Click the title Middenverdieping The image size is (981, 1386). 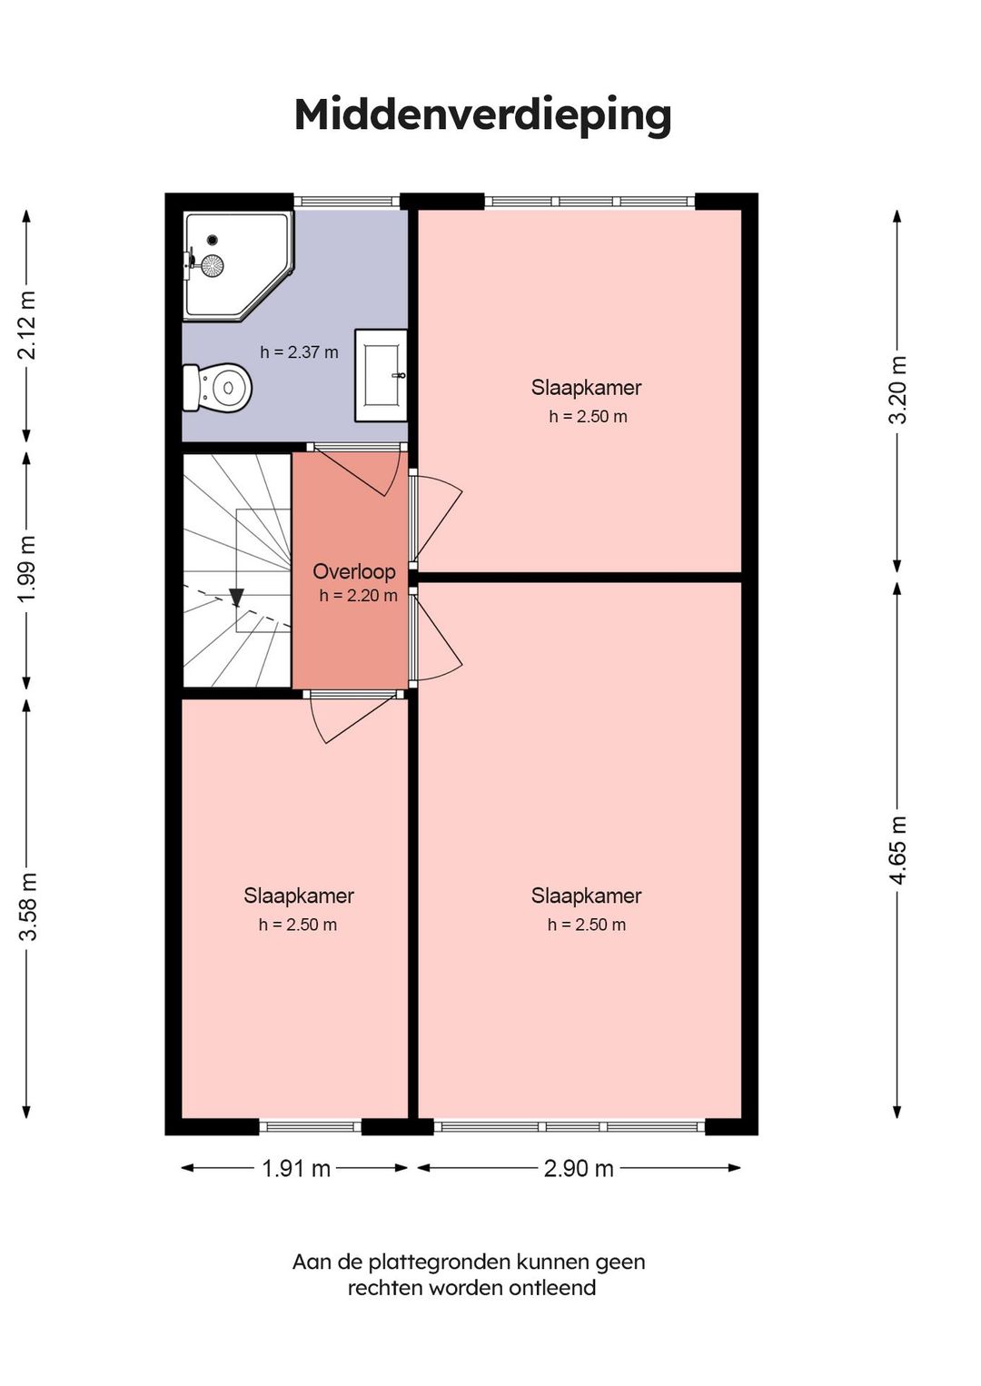[x=482, y=115]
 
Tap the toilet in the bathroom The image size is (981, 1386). [x=217, y=387]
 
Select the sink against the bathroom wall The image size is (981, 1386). [x=381, y=375]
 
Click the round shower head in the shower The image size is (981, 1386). [x=213, y=265]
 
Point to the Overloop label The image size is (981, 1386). [x=354, y=571]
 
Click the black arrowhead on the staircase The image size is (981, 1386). [x=236, y=598]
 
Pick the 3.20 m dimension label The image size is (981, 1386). [x=897, y=390]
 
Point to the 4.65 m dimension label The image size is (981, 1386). [x=897, y=850]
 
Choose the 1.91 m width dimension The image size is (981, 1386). [x=296, y=1169]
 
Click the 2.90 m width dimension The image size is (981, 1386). [x=579, y=1169]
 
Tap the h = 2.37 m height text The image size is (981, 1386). [x=299, y=352]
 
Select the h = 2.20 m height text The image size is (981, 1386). [x=359, y=595]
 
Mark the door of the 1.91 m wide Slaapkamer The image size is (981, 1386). [x=352, y=717]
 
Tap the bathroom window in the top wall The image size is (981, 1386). [x=347, y=201]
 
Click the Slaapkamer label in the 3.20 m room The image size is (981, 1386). [x=586, y=388]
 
